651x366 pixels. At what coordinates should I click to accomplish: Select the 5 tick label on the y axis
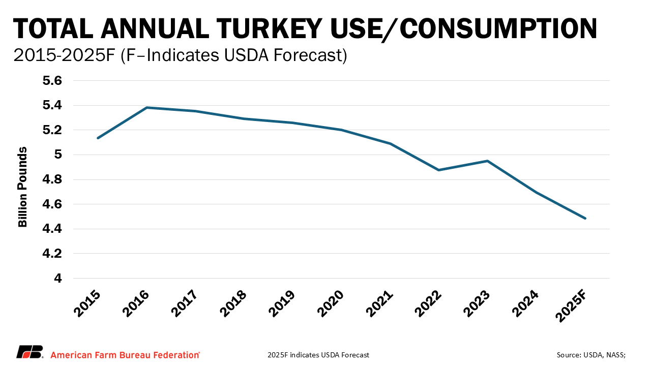pyautogui.click(x=57, y=155)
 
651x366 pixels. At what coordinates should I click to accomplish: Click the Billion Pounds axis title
pyautogui.click(x=23, y=187)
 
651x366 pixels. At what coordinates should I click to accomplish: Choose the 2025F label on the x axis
pyautogui.click(x=573, y=307)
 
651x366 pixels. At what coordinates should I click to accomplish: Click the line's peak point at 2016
pyautogui.click(x=146, y=107)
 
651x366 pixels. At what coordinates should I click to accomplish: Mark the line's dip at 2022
pyautogui.click(x=439, y=170)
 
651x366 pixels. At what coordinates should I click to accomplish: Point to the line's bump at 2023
pyautogui.click(x=488, y=161)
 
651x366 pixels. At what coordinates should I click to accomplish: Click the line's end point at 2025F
pyautogui.click(x=585, y=219)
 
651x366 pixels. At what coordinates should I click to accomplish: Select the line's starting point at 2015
pyautogui.click(x=98, y=138)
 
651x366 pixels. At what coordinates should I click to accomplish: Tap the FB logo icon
pyautogui.click(x=29, y=352)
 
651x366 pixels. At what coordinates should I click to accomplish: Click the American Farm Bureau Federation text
pyautogui.click(x=125, y=354)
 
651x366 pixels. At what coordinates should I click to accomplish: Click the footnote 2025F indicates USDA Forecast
pyautogui.click(x=318, y=354)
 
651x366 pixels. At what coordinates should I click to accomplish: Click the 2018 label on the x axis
pyautogui.click(x=234, y=304)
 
